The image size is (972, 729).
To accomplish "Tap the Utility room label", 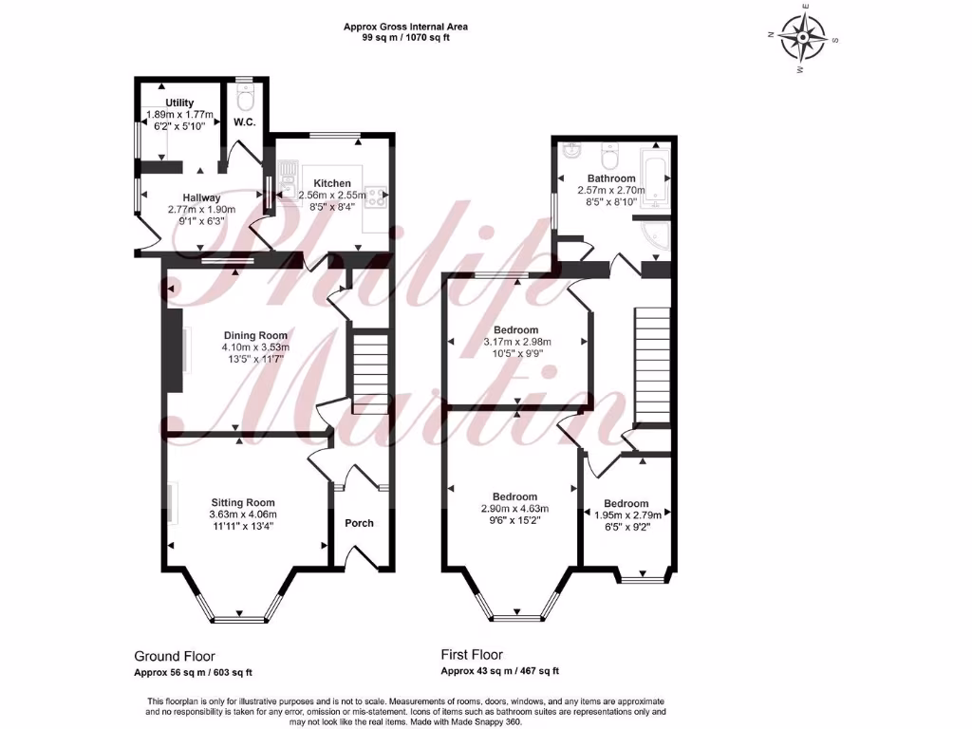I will tap(179, 103).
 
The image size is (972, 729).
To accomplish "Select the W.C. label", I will tap(244, 121).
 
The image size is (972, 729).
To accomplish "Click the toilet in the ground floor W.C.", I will tap(245, 98).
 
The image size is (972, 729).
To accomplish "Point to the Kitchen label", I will tap(332, 183).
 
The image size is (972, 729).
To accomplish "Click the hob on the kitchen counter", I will tap(375, 196).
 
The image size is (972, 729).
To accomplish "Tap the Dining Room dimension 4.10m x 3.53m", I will tap(255, 346).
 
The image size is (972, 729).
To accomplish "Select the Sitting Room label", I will tap(243, 502).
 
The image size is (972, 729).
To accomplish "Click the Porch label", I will tap(359, 523).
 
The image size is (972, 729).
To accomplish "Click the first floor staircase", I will tap(652, 365).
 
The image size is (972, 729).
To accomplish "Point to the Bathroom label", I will tap(610, 178).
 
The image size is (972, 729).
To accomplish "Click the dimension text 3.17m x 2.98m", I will tap(517, 342).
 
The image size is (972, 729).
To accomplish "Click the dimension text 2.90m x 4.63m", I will tap(514, 509).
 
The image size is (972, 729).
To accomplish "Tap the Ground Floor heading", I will tap(174, 656).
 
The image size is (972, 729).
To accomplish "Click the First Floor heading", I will tap(472, 655).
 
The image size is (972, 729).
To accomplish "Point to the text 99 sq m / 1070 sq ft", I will tap(405, 38).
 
